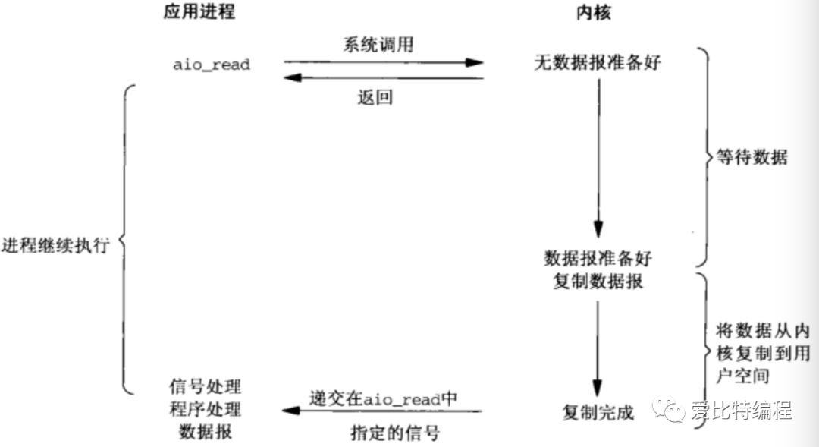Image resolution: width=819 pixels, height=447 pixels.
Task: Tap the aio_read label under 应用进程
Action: [211, 65]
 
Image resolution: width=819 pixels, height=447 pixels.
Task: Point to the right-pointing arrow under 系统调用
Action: [384, 63]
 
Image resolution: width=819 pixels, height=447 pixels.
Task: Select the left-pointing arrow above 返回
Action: [384, 77]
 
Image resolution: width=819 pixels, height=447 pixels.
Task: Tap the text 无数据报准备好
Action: [598, 64]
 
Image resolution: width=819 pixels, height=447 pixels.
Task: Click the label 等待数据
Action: [752, 158]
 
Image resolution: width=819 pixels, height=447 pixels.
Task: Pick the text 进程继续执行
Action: [55, 247]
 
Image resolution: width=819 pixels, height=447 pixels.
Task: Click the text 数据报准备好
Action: [598, 258]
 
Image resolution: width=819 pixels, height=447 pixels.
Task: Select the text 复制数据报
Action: [598, 281]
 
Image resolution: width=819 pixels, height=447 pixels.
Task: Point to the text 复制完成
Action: [598, 413]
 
